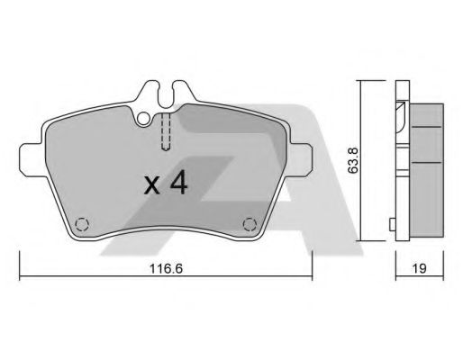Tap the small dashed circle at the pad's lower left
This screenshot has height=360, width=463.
[x=82, y=224]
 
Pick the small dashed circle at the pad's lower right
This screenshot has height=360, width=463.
[x=250, y=224]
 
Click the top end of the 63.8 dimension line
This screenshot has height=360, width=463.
[x=360, y=81]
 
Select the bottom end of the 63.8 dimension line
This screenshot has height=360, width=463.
[x=360, y=240]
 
